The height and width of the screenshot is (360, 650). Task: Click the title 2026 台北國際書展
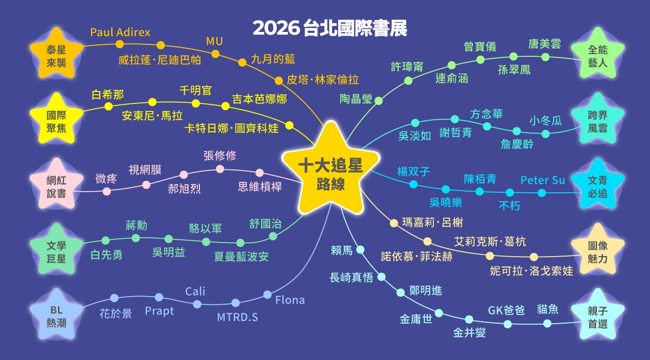pos(330,28)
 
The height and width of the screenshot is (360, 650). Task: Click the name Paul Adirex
pos(120,32)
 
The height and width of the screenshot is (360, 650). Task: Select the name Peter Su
pos(542,180)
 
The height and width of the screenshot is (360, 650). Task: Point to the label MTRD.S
pos(237,317)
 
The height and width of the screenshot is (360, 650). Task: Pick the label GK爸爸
pos(506,310)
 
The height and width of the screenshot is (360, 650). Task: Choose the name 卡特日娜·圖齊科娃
pos(231,128)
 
